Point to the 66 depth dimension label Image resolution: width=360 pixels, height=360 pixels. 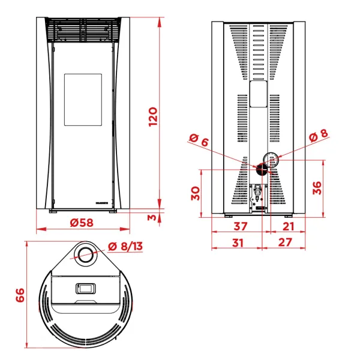pos(20,295)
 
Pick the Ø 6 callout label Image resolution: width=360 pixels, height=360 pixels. pos(199,142)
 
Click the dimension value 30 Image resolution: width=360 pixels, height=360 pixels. pos(194,193)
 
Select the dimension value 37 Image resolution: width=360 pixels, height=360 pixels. pos(241,226)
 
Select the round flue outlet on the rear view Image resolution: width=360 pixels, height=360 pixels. pos(271,159)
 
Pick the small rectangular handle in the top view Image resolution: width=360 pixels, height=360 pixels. pos(85,288)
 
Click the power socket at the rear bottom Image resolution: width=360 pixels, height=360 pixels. pos(259,194)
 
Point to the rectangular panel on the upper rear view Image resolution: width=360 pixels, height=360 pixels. pos(259,95)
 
